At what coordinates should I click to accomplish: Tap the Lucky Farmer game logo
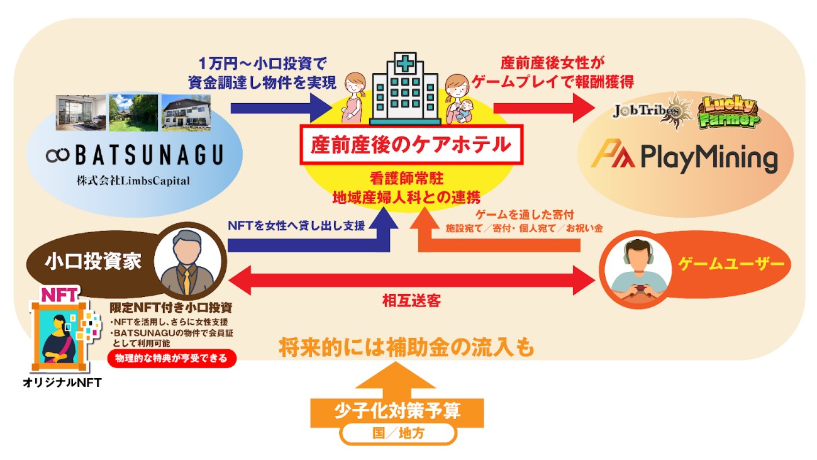[x=729, y=112]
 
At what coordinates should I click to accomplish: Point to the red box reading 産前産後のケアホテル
[x=411, y=145]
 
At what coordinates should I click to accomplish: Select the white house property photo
[x=186, y=113]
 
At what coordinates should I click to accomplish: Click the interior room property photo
[x=81, y=113]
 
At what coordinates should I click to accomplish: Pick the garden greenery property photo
[x=133, y=113]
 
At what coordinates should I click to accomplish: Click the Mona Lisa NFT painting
[x=60, y=336]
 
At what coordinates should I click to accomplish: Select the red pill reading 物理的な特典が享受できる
[x=172, y=359]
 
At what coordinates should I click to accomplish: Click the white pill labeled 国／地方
[x=397, y=434]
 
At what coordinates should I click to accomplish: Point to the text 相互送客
[x=411, y=301]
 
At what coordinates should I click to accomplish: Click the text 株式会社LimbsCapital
[x=133, y=181]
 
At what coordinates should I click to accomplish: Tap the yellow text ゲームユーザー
[x=731, y=264]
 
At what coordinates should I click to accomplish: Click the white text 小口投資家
[x=93, y=262]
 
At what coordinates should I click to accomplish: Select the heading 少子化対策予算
[x=397, y=411]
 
